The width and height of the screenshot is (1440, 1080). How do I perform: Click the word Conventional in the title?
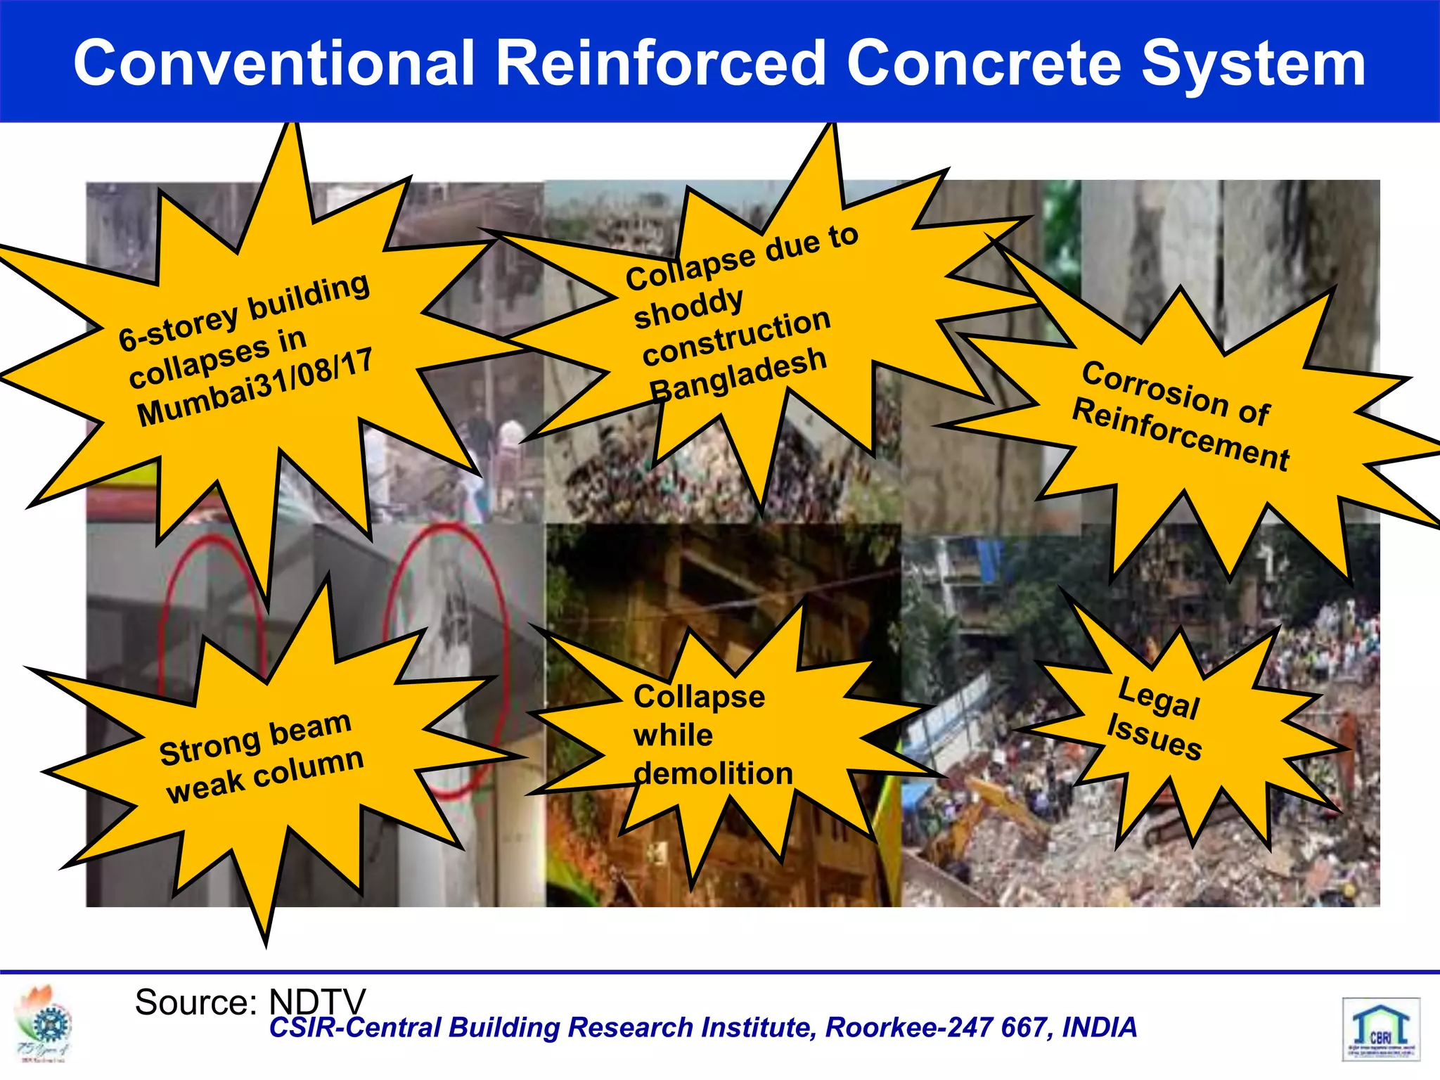point(274,63)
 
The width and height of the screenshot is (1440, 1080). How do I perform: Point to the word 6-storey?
point(179,327)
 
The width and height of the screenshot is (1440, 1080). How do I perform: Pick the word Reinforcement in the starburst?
point(1181,434)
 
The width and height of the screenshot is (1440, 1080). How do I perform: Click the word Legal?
point(1159,698)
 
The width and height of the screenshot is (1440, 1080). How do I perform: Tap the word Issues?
point(1154,737)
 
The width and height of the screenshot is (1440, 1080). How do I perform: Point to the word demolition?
point(713,773)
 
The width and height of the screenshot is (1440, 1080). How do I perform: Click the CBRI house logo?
point(1380,1028)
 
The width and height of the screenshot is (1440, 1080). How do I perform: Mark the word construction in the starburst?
point(736,337)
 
